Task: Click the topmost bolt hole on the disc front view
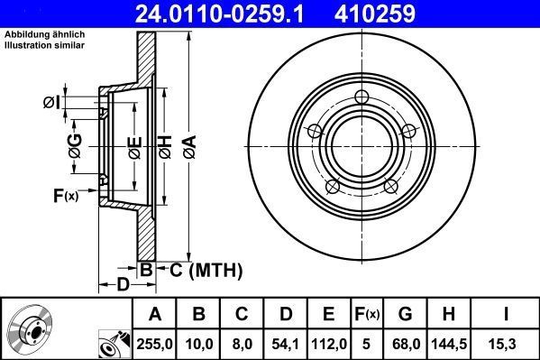362,97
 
